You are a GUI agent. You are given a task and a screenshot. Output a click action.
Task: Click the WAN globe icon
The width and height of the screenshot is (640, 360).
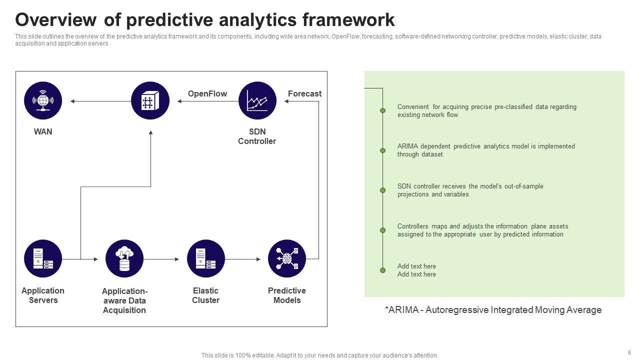pos(43,100)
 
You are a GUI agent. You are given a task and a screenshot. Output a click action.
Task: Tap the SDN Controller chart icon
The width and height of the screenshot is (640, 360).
pos(257,100)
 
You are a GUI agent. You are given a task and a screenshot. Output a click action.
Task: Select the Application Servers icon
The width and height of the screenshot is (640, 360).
pos(43,258)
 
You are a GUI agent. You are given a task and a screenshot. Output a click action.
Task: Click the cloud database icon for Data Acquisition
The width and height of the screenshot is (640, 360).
pos(124,258)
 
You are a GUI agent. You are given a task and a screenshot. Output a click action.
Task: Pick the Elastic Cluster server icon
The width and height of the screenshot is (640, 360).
pos(205,258)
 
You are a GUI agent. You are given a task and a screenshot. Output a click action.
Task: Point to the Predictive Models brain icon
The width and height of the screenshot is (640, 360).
pos(287,258)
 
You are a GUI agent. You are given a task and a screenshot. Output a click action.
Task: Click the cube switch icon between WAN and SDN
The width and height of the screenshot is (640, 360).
pos(150,100)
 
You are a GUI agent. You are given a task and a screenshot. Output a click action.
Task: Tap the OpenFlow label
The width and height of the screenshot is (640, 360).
pos(207,93)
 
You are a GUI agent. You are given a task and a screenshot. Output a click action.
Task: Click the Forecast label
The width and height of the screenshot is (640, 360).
pos(304,93)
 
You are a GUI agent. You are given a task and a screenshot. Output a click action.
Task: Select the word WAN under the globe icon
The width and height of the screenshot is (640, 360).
pos(43,131)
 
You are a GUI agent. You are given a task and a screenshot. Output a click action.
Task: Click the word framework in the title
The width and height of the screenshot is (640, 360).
pos(348,20)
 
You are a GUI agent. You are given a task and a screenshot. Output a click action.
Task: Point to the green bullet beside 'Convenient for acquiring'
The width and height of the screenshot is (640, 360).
pos(383,110)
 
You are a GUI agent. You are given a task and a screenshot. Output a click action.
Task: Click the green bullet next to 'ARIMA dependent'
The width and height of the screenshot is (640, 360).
pos(383,150)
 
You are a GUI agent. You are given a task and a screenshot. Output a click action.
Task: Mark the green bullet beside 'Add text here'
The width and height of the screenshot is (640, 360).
pos(383,270)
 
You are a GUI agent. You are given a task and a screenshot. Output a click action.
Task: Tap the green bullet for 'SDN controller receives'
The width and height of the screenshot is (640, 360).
pos(383,190)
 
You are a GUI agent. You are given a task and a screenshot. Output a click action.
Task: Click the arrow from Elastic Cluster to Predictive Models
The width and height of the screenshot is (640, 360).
pos(243,259)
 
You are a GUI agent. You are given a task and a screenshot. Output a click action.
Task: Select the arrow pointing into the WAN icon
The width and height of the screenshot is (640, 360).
pos(100,101)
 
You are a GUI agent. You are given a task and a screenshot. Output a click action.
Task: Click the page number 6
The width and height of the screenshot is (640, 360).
pos(629,352)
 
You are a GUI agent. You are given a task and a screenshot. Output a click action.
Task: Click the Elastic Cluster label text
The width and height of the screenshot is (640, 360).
pos(205,295)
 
